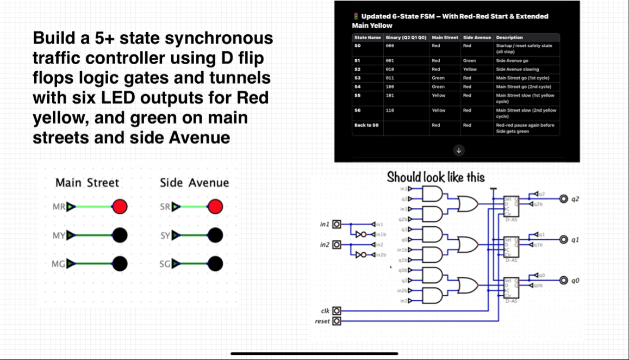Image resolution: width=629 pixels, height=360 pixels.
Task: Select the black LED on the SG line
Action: (x=215, y=264)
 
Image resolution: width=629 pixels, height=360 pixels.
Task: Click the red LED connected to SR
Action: (x=215, y=207)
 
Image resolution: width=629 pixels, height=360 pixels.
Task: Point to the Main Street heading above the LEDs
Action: (x=87, y=183)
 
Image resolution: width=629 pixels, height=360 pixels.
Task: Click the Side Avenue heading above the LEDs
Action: (x=194, y=183)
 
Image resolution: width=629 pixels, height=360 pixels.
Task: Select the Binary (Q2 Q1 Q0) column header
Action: (x=407, y=38)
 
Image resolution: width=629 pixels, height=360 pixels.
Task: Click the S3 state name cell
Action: (x=357, y=78)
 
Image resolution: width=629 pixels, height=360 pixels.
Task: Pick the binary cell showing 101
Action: (x=389, y=95)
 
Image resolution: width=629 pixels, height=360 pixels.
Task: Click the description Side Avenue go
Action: (x=512, y=61)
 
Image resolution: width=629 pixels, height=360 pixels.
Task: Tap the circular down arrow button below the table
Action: (x=459, y=151)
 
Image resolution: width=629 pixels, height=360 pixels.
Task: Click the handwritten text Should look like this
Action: (x=435, y=177)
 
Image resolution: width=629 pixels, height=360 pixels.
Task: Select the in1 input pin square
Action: (x=337, y=224)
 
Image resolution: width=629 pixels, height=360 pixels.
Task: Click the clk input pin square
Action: (x=337, y=311)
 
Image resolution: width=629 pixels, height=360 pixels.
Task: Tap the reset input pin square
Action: (x=337, y=321)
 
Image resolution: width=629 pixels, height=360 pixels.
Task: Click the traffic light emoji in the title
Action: (x=356, y=16)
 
